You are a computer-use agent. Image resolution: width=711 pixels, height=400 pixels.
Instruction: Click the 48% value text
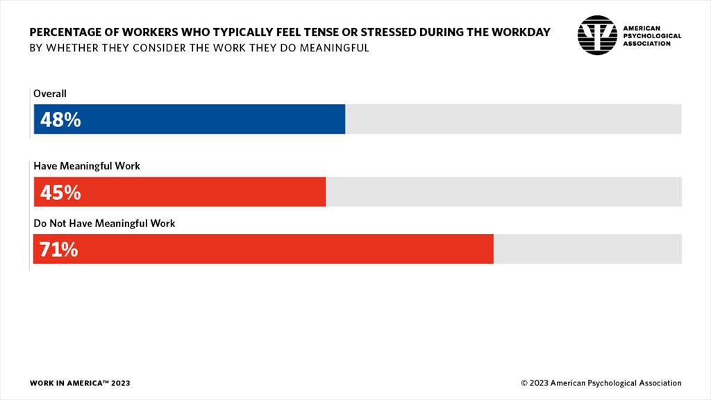point(60,119)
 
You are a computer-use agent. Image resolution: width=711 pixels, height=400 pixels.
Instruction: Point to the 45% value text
point(60,192)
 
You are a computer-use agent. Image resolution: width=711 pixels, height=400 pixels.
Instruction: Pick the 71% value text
point(59,249)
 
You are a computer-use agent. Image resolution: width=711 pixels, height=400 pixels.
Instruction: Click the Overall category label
point(50,93)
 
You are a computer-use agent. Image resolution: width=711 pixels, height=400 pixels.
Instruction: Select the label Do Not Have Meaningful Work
point(104,224)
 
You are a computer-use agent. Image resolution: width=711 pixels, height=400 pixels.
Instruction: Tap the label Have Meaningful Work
point(87,166)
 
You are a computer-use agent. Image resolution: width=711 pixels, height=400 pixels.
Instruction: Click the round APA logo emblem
point(597,35)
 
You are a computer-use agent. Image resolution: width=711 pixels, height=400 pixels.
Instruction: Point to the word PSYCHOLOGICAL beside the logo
point(653,35)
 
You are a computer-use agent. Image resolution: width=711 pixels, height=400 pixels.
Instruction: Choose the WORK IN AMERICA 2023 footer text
point(80,383)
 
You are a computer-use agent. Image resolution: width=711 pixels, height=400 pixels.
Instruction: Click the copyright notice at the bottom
point(601,383)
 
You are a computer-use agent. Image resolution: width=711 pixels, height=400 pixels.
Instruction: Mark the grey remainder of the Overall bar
point(514,119)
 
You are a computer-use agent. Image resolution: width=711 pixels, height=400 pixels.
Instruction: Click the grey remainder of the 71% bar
point(587,249)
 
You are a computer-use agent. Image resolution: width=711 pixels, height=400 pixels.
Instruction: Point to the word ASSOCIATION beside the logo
point(647,43)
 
